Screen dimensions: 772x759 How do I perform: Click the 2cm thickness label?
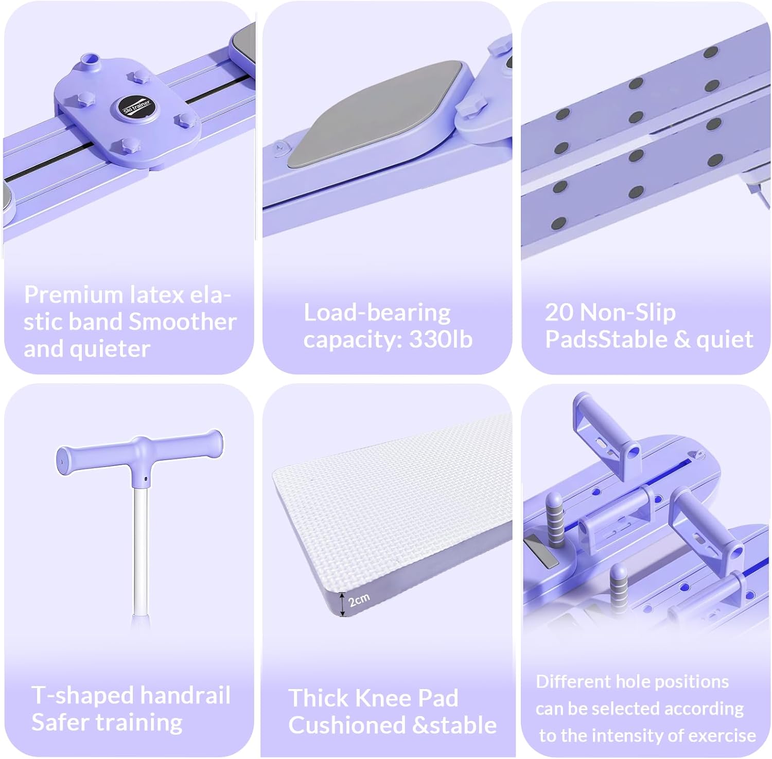[359, 599]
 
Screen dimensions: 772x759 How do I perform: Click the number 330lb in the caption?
[441, 340]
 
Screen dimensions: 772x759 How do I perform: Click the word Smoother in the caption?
[182, 322]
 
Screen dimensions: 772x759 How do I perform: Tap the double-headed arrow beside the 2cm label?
[342, 604]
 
